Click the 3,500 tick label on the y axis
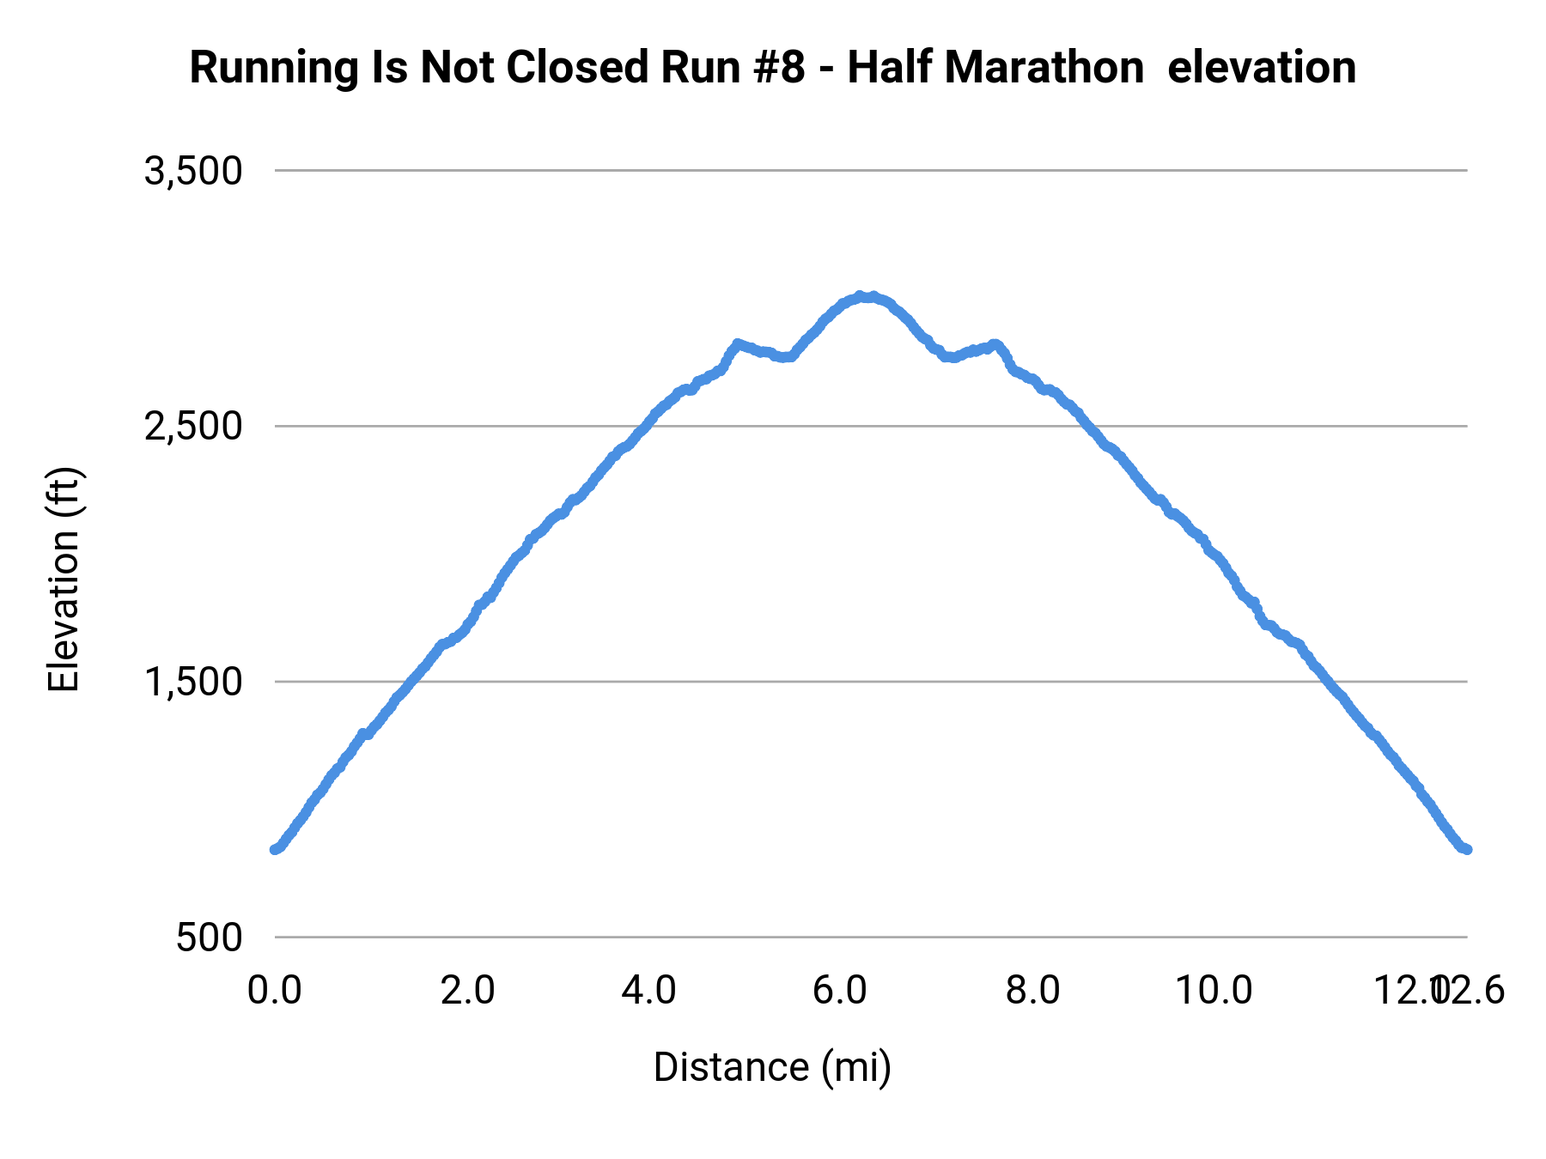coord(193,172)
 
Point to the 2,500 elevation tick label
coord(193,427)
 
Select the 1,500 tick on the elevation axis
coord(193,683)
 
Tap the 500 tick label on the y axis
coord(210,938)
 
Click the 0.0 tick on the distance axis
coord(275,991)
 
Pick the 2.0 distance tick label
coord(467,991)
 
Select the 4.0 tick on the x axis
coord(649,991)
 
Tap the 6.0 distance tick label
coord(839,991)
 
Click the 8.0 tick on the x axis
coord(1032,991)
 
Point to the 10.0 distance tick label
coord(1213,991)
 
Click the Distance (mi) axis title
coord(772,1067)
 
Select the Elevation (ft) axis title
coord(64,579)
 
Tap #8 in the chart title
coord(780,68)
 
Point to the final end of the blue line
coord(1466,849)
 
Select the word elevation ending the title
coord(1262,68)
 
